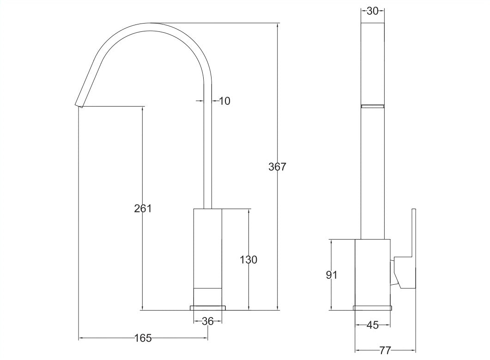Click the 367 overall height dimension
[277, 167]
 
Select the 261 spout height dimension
[143, 208]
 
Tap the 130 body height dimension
[248, 259]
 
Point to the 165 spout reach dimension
[143, 338]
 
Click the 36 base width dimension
[208, 321]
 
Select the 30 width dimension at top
[372, 12]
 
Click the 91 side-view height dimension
[332, 275]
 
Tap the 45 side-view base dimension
[372, 325]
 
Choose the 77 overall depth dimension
[385, 350]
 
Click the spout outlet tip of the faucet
[78, 104]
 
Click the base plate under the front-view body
[208, 307]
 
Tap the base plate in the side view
[372, 308]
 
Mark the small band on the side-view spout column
[372, 106]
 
